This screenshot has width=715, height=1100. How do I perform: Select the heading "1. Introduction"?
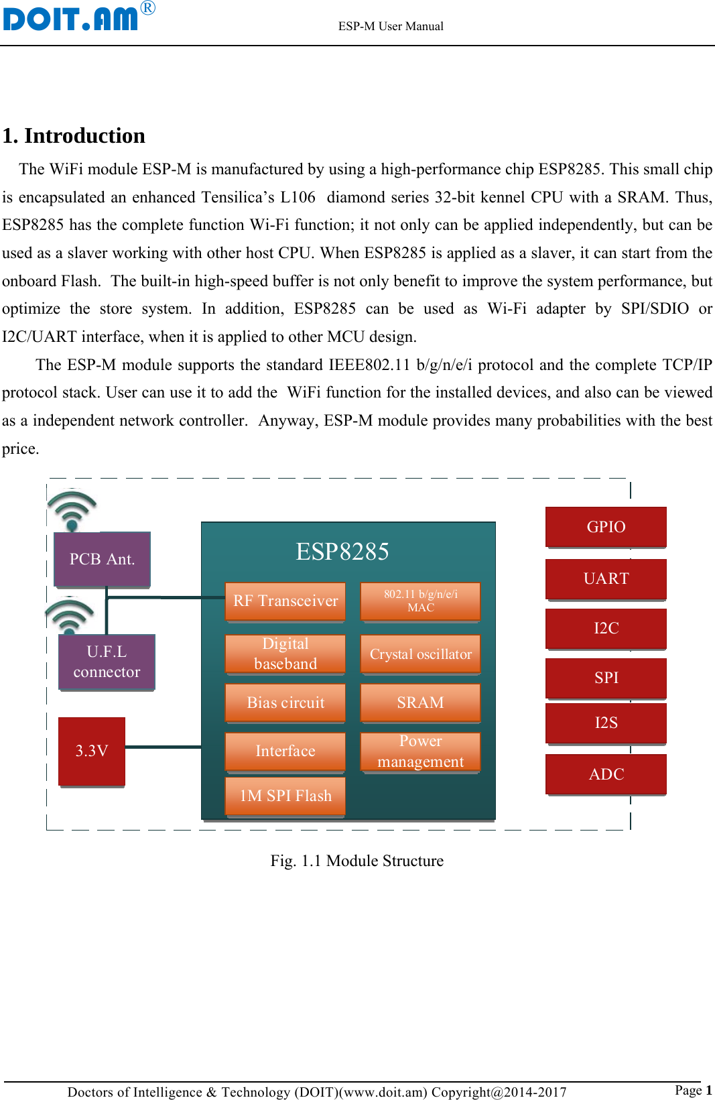(x=74, y=135)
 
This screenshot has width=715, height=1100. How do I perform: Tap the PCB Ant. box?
(x=102, y=559)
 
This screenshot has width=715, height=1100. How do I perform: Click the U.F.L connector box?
(x=107, y=662)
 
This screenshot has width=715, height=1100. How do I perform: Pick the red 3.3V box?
(x=92, y=751)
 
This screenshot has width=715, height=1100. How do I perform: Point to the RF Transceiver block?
(x=285, y=601)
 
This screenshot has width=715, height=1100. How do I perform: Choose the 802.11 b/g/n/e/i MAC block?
(x=420, y=601)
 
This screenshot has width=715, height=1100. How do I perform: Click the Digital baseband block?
(x=285, y=654)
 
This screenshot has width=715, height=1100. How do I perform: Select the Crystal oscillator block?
(x=420, y=654)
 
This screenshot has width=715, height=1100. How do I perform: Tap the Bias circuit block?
(x=285, y=702)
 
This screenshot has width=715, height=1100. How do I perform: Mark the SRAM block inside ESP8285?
(x=420, y=702)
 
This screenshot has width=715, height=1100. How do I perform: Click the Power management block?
(x=420, y=751)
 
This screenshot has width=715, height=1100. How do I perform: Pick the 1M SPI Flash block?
(x=285, y=796)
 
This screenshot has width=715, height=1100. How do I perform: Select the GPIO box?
(x=606, y=527)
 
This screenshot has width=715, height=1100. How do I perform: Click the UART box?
(x=606, y=578)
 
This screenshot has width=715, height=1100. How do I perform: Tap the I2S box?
(x=606, y=723)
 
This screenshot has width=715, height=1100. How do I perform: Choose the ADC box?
(x=606, y=774)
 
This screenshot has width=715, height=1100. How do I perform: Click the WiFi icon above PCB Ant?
(x=72, y=509)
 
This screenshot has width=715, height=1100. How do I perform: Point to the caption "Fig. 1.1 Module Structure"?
(x=356, y=861)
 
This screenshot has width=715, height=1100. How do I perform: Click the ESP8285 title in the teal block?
(x=342, y=552)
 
